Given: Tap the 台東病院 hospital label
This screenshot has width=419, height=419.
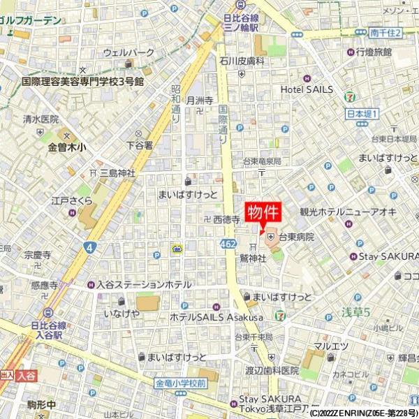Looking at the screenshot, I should pos(295,237).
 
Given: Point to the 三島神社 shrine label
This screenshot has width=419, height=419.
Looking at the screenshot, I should pos(117,172).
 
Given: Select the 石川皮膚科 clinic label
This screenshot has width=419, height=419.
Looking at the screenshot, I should pos(242,61).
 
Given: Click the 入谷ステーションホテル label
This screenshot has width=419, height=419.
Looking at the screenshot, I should pos(144,285).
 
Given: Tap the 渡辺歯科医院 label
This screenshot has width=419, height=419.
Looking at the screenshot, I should pos(271,370).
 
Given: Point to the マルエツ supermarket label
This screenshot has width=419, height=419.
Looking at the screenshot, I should pos(330,346).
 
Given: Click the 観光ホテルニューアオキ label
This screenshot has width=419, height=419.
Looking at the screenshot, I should pos(338,212).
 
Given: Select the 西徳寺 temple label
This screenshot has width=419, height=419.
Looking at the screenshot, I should pos(226,219).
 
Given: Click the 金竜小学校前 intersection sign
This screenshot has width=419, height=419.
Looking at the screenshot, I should pos(180,383).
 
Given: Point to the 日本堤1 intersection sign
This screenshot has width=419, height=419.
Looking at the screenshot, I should pos(362,113).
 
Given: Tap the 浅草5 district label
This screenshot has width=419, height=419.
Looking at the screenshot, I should pos(355,309).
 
